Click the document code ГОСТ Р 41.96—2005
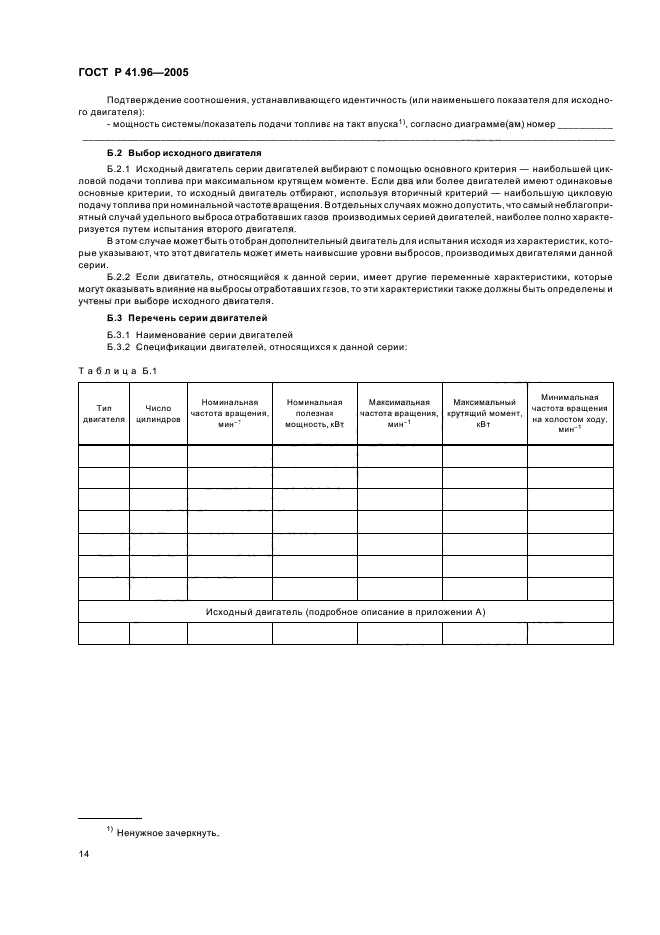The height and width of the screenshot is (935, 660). coord(133,74)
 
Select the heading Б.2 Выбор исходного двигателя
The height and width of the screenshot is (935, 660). coord(184,153)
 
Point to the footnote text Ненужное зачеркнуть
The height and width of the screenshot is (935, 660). coord(168,832)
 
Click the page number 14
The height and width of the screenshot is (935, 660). coord(84,855)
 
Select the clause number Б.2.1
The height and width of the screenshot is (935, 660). coord(119,171)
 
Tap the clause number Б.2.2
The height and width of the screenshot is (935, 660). coord(119,273)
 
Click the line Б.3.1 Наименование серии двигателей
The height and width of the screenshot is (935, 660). coord(190,334)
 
